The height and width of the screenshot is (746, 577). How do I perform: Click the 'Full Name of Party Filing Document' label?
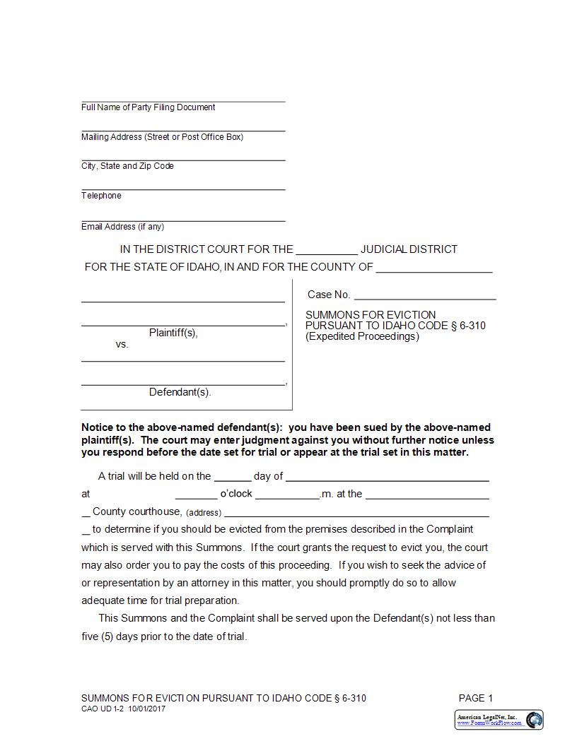point(148,107)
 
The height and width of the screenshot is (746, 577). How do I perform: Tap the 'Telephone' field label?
point(101,196)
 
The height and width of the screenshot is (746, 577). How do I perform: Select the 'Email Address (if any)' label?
point(122,227)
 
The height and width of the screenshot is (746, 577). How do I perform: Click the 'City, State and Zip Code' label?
point(127,166)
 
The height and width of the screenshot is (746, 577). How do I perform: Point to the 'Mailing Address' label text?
point(162,137)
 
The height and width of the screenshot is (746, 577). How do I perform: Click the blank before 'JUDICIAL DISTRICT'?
point(326,250)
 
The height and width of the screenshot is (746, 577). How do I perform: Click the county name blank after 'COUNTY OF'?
point(433,268)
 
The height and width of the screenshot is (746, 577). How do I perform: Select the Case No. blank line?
point(424,296)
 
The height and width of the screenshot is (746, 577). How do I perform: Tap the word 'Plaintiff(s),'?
point(173,333)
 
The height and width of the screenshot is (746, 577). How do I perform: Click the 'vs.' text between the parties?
point(122,345)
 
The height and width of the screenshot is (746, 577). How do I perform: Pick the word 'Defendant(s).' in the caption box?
point(180,392)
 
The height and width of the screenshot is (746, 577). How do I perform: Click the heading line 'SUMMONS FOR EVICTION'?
point(371,315)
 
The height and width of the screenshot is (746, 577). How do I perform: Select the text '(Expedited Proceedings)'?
point(362,336)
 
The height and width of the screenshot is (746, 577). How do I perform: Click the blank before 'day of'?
point(232,478)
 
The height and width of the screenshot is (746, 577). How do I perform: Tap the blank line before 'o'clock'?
point(196,495)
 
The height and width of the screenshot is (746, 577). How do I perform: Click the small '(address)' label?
point(204,513)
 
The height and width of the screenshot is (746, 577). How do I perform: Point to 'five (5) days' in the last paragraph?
point(111,637)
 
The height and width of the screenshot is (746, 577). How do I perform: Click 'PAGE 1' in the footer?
point(475,698)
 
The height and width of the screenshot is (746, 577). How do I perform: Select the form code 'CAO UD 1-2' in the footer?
point(102,709)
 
